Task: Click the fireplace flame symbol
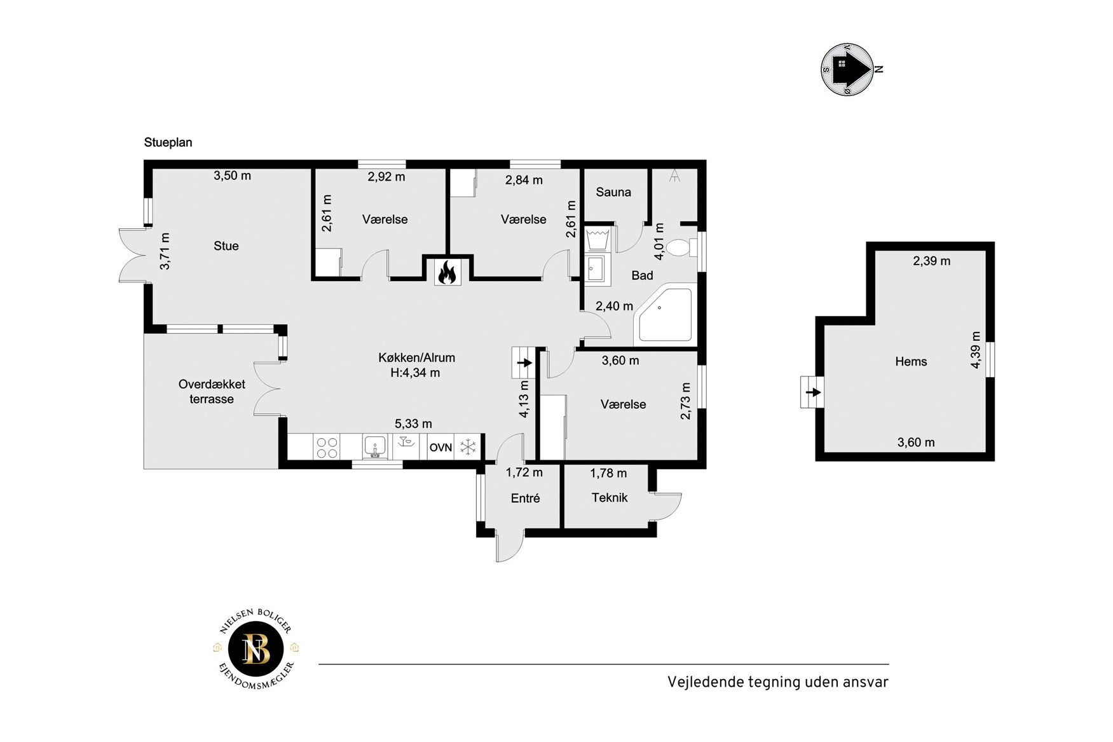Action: click(447, 272)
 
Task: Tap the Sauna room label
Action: click(613, 192)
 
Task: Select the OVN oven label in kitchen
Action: click(440, 448)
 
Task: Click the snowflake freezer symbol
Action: click(468, 447)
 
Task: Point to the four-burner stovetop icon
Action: click(327, 448)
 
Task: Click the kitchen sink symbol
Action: click(375, 447)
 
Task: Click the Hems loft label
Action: click(911, 362)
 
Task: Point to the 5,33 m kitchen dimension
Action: click(413, 423)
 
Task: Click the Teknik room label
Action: click(610, 498)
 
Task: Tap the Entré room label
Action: click(526, 498)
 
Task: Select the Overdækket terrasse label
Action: click(212, 392)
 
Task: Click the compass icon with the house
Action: click(848, 69)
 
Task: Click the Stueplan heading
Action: click(168, 142)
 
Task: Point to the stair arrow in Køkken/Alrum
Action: click(524, 363)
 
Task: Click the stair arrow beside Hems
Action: click(814, 392)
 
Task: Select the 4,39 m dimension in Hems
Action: click(976, 350)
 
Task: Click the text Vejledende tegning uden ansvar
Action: click(777, 682)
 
